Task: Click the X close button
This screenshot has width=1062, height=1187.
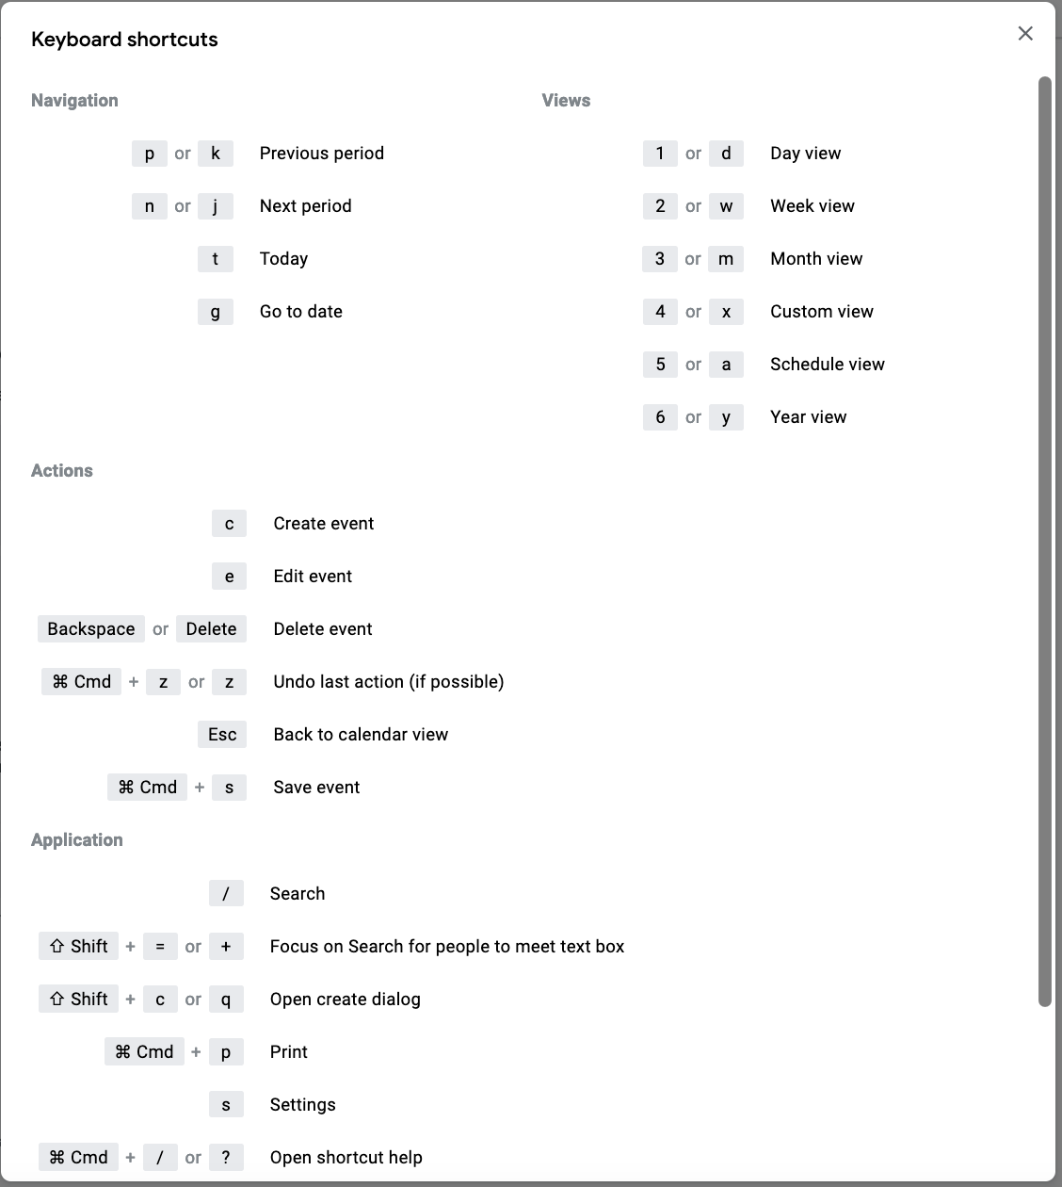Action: pyautogui.click(x=1025, y=34)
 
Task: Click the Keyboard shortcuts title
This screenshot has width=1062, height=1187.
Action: pyautogui.click(x=124, y=40)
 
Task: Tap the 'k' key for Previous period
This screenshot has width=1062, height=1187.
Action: pyautogui.click(x=216, y=154)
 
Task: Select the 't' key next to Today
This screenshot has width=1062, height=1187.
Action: pyautogui.click(x=216, y=259)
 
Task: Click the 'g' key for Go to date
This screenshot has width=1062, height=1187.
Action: pyautogui.click(x=216, y=312)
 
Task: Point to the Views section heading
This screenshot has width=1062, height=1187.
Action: pyautogui.click(x=566, y=101)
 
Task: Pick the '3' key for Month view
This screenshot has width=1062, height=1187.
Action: pyautogui.click(x=660, y=259)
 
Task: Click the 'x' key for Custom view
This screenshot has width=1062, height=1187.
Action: pyautogui.click(x=726, y=312)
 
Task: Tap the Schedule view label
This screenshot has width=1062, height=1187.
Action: pyautogui.click(x=827, y=365)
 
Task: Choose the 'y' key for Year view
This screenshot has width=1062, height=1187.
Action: pyautogui.click(x=726, y=417)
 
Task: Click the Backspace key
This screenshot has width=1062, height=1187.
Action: pyautogui.click(x=91, y=629)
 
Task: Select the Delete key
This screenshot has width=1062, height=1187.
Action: pyautogui.click(x=211, y=629)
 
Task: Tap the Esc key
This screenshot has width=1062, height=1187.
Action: pyautogui.click(x=222, y=735)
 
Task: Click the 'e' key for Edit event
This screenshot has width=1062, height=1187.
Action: pyautogui.click(x=229, y=577)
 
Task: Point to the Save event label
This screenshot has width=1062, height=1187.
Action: pyautogui.click(x=316, y=788)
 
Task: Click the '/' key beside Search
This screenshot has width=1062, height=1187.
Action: pyautogui.click(x=226, y=894)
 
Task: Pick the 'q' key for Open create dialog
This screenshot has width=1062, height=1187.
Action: pyautogui.click(x=226, y=1000)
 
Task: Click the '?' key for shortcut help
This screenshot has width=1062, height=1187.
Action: pyautogui.click(x=226, y=1158)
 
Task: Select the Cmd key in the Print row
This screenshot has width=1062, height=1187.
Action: pyautogui.click(x=144, y=1052)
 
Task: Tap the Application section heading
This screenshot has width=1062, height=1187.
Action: pyautogui.click(x=77, y=840)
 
